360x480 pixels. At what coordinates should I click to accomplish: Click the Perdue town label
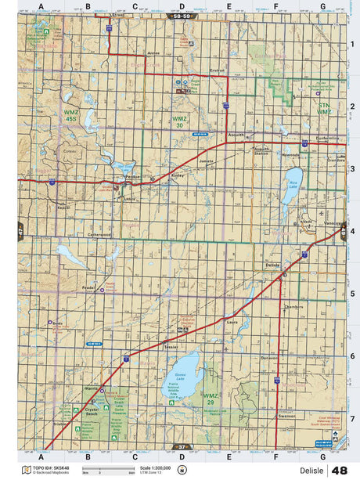point(132,176)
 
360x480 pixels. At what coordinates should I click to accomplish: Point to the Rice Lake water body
point(293,188)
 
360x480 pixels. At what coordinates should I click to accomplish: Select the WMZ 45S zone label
point(71,117)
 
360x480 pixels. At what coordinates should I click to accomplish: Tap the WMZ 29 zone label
point(211,399)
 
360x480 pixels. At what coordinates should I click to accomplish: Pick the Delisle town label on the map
point(273,266)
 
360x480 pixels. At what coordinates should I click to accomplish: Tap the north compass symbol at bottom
point(182,470)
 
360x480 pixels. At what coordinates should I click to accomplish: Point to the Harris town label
point(92,388)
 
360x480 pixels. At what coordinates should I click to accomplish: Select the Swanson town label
point(286,417)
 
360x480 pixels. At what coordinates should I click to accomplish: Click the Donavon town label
point(269,358)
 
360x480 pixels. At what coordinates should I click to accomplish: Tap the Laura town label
point(231,321)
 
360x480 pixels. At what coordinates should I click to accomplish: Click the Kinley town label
point(178,176)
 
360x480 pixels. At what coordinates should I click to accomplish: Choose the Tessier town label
point(171,345)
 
